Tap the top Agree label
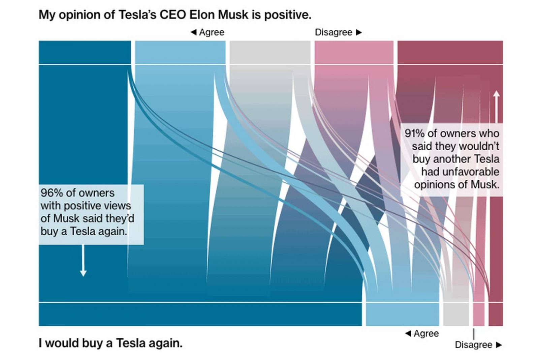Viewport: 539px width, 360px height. pyautogui.click(x=211, y=32)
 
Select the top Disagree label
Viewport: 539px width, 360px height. pyautogui.click(x=333, y=32)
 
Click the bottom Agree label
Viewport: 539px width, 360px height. pyautogui.click(x=426, y=334)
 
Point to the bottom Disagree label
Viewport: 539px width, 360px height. pyautogui.click(x=473, y=345)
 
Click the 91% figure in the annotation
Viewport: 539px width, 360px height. pyautogui.click(x=414, y=134)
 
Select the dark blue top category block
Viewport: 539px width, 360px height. pyautogui.click(x=85, y=52)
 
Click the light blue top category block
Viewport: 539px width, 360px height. pyautogui.click(x=180, y=52)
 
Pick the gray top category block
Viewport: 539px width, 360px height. pyautogui.click(x=270, y=52)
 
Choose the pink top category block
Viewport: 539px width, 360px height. pyautogui.click(x=354, y=52)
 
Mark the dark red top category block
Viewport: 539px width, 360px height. pyautogui.click(x=450, y=52)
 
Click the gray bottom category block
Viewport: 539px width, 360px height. pyautogui.click(x=455, y=314)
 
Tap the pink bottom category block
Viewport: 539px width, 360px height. pyautogui.click(x=478, y=314)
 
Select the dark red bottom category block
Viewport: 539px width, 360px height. pyautogui.click(x=496, y=314)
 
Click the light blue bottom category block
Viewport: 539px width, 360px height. pyautogui.click(x=402, y=314)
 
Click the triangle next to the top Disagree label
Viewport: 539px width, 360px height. pyautogui.click(x=359, y=32)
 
